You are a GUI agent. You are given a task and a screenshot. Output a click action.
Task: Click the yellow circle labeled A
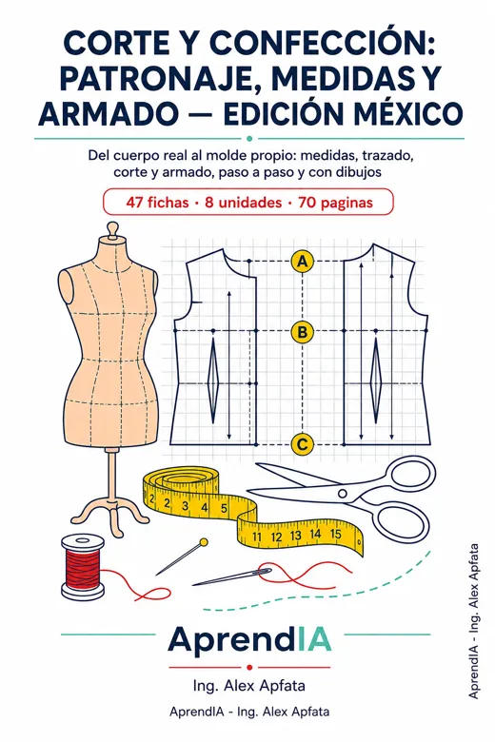(x=302, y=261)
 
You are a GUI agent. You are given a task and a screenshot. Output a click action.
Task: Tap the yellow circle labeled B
(x=302, y=332)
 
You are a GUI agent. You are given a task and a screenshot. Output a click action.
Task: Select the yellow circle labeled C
(x=302, y=444)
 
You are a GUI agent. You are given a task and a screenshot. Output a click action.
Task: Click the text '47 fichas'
(x=157, y=203)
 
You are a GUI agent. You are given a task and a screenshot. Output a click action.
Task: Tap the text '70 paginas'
(x=335, y=203)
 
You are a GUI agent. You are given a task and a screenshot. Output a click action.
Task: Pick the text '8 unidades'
(x=243, y=203)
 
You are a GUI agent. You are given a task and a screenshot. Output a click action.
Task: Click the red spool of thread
(x=83, y=567)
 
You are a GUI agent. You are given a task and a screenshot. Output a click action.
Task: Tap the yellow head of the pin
(x=204, y=542)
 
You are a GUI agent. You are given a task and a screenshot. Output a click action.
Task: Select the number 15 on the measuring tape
(x=335, y=535)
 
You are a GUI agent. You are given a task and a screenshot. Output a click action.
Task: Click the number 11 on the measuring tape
(x=257, y=537)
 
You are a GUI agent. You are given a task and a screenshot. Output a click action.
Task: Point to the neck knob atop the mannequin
(x=112, y=229)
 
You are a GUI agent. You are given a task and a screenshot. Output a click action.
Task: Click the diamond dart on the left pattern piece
(x=213, y=381)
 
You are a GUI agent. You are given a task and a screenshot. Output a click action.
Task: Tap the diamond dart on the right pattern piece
(x=376, y=381)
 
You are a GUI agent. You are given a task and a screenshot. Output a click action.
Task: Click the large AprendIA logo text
(x=249, y=640)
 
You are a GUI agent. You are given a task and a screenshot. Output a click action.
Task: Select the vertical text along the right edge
(x=473, y=621)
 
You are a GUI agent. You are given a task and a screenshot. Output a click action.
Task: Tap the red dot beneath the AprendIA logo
(x=249, y=667)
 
